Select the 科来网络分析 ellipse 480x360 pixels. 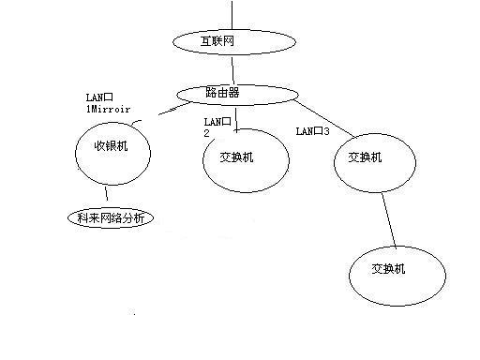(x=110, y=218)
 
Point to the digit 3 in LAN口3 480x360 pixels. (x=327, y=131)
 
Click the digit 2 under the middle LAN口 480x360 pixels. (x=207, y=134)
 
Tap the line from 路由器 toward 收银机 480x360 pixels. (x=168, y=110)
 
